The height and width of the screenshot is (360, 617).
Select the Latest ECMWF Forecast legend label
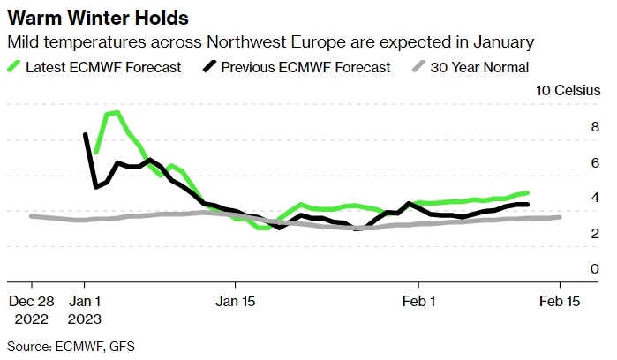[103, 67]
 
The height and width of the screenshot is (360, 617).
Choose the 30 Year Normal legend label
[479, 67]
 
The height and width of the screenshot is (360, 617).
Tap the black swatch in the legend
[211, 67]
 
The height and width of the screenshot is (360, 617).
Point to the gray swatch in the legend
[419, 67]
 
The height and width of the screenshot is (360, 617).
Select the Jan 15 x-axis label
[236, 301]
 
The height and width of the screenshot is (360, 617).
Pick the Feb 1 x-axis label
[418, 301]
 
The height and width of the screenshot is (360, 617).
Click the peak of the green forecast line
[117, 112]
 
